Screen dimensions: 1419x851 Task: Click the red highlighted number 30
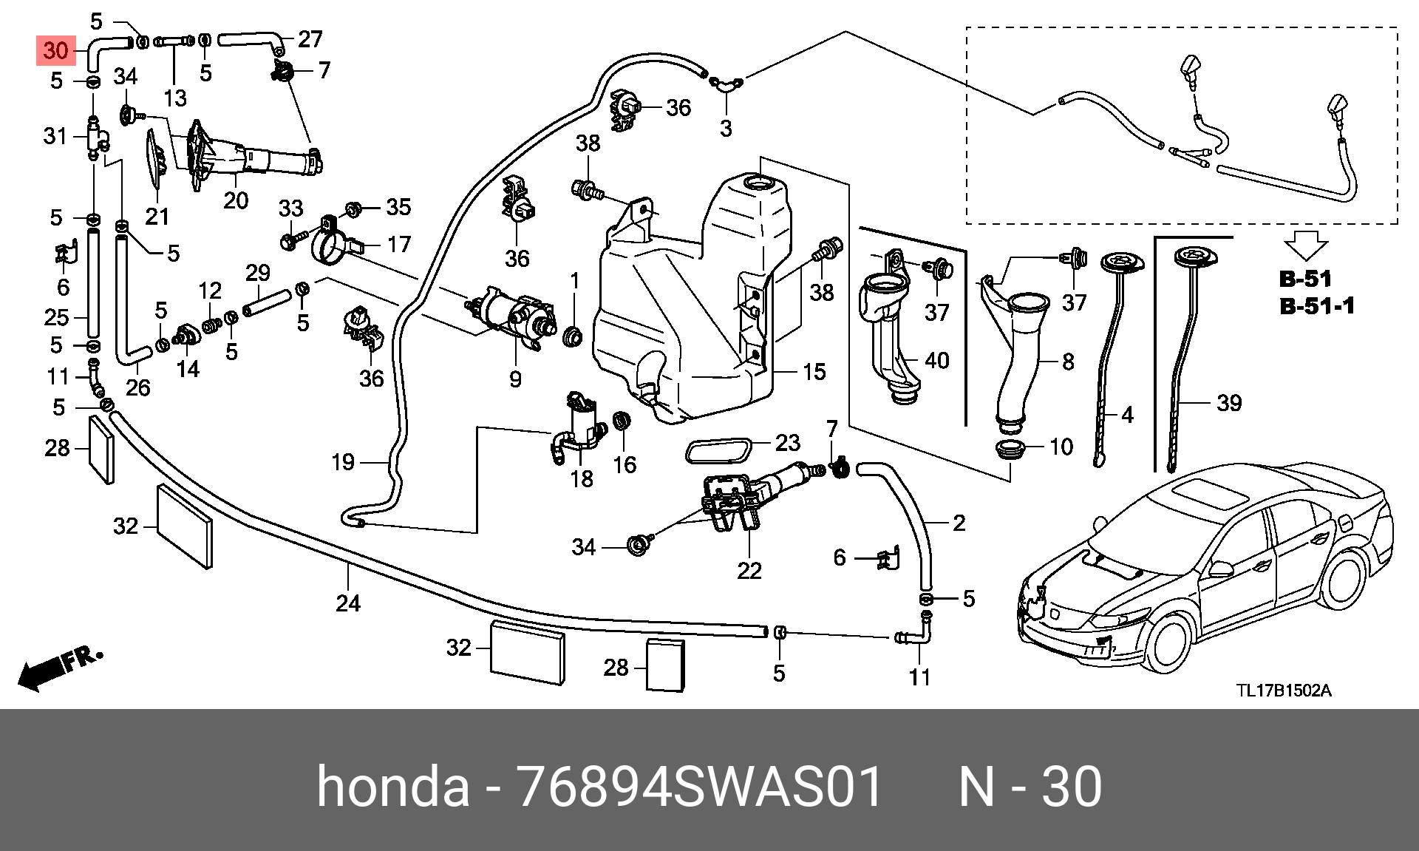[56, 50]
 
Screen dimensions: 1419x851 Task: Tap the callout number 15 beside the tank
[814, 372]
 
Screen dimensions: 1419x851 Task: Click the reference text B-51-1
[1317, 305]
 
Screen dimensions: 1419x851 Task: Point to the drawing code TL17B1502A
[1284, 691]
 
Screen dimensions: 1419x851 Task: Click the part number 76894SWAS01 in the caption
[699, 786]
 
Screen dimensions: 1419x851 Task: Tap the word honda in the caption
[393, 786]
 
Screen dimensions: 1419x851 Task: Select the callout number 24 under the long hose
[348, 603]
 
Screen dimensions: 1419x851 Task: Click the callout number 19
[343, 462]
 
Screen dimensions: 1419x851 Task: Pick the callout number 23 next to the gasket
[787, 442]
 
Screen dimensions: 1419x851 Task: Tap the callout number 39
[1229, 403]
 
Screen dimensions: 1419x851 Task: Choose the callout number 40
[937, 360]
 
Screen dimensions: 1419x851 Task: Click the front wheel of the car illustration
[1170, 642]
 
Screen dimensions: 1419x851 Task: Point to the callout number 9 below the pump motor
[515, 379]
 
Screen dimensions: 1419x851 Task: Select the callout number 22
[749, 570]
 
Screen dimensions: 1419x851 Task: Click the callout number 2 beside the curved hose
[959, 523]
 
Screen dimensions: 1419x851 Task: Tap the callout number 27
[310, 38]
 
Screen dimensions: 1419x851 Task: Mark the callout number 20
[236, 200]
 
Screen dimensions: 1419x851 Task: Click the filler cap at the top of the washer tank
[757, 182]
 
